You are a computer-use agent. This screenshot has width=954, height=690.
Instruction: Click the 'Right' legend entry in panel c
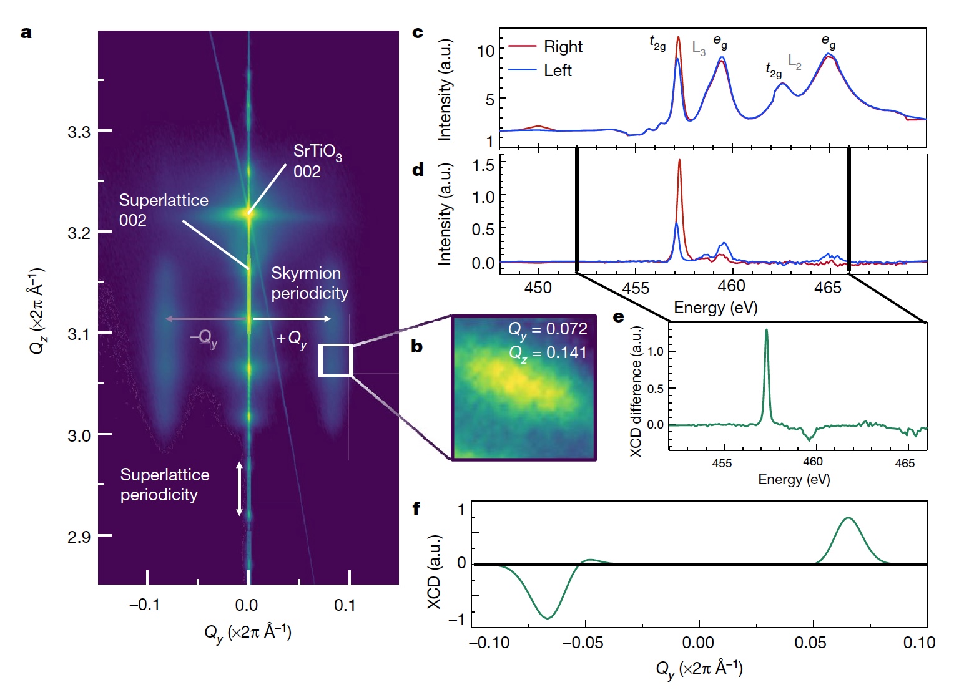click(x=563, y=47)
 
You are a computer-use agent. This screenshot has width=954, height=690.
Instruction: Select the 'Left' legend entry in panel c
click(x=558, y=70)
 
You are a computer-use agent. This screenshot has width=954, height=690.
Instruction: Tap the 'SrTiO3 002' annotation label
click(x=317, y=162)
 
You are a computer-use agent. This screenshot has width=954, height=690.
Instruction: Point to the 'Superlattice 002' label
click(x=164, y=210)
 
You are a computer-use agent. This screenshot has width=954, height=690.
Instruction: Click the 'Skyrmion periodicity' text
click(x=310, y=283)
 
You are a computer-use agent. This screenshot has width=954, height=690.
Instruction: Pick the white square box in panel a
click(x=336, y=360)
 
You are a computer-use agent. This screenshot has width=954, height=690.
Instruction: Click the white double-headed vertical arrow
click(x=239, y=489)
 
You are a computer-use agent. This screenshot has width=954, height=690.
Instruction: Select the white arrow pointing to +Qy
click(x=292, y=319)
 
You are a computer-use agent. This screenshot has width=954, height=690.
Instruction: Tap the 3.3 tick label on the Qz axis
click(x=79, y=132)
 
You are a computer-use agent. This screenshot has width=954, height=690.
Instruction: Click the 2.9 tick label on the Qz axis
click(x=79, y=537)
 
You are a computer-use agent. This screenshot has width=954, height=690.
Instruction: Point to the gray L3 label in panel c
click(x=699, y=48)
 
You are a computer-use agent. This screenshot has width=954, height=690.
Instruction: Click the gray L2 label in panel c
click(x=795, y=61)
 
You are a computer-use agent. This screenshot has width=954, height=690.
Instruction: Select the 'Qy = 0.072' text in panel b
click(x=548, y=329)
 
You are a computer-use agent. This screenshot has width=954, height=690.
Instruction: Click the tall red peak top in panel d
click(x=679, y=160)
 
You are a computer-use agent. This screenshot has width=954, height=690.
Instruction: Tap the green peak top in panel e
click(x=766, y=330)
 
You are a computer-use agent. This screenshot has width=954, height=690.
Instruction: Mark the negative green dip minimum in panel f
click(x=548, y=618)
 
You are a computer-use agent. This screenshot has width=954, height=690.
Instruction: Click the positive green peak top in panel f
click(x=848, y=518)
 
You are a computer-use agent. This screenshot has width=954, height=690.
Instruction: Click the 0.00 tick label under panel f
click(x=697, y=643)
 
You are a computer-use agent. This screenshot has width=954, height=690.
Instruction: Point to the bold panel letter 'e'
click(x=619, y=317)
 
